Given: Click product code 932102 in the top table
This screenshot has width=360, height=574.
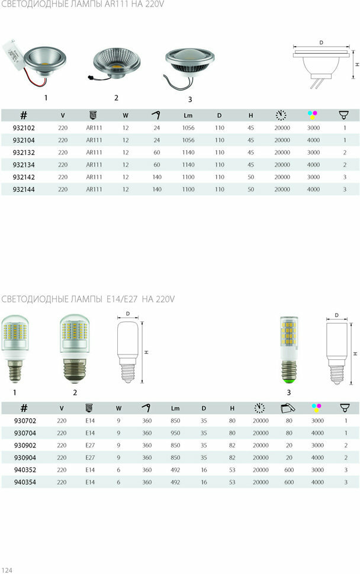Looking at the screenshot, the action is [x=24, y=128].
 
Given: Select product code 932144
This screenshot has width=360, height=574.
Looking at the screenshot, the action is [x=24, y=189].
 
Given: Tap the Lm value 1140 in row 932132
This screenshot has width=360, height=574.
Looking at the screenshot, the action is [x=188, y=152].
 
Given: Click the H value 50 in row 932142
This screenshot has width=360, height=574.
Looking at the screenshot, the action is [x=250, y=177].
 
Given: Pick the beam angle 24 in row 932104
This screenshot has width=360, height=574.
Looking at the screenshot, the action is [x=157, y=140].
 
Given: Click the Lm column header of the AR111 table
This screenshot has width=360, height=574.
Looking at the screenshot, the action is [x=188, y=115].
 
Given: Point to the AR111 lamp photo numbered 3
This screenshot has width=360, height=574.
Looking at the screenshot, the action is [x=189, y=69].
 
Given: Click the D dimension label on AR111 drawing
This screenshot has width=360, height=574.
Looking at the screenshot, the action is [x=321, y=43].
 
